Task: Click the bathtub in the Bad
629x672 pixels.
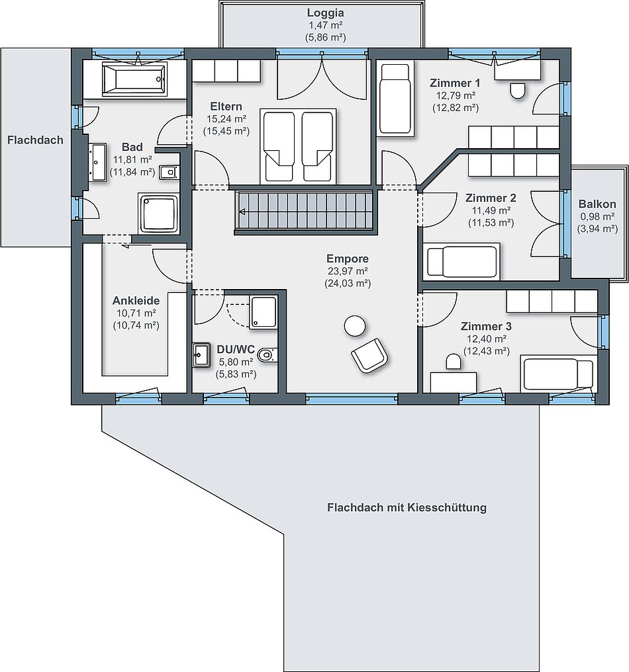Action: click(x=134, y=79)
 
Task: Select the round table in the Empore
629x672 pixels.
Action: click(x=355, y=326)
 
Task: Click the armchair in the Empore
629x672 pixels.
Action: click(x=369, y=355)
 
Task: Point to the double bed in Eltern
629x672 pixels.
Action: click(x=298, y=146)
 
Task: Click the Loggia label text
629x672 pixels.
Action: click(x=326, y=13)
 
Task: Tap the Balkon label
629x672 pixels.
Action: click(x=597, y=204)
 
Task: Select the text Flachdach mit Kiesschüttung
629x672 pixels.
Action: click(x=407, y=508)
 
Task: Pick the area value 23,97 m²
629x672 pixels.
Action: click(x=348, y=271)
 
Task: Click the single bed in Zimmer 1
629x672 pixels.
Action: click(x=395, y=99)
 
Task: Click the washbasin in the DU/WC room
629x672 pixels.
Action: click(x=202, y=355)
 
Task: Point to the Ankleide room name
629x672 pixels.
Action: click(x=136, y=300)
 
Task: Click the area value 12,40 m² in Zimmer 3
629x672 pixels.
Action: click(x=487, y=339)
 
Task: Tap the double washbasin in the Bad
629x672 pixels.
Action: click(x=97, y=163)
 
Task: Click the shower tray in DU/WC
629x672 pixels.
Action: click(x=264, y=312)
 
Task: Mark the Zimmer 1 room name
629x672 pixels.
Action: click(x=455, y=83)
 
